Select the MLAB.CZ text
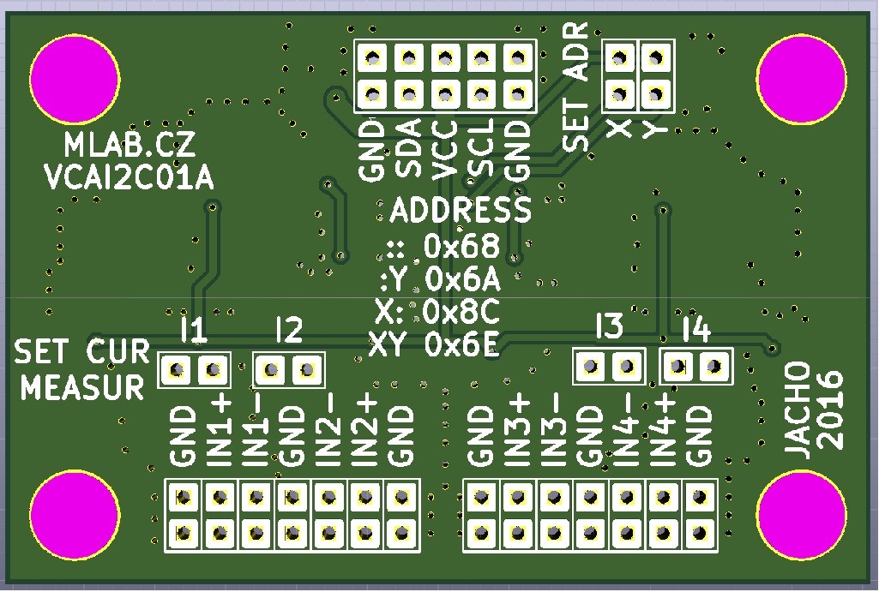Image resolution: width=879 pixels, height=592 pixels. click(129, 146)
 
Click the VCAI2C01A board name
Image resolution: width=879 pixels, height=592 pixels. click(129, 177)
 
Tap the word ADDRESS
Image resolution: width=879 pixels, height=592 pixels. click(461, 210)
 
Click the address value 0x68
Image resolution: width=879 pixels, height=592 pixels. click(461, 247)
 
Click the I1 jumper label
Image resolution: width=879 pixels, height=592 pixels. click(195, 330)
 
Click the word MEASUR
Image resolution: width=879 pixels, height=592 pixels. click(82, 387)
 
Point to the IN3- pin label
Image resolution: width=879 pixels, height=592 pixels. click(552, 430)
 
